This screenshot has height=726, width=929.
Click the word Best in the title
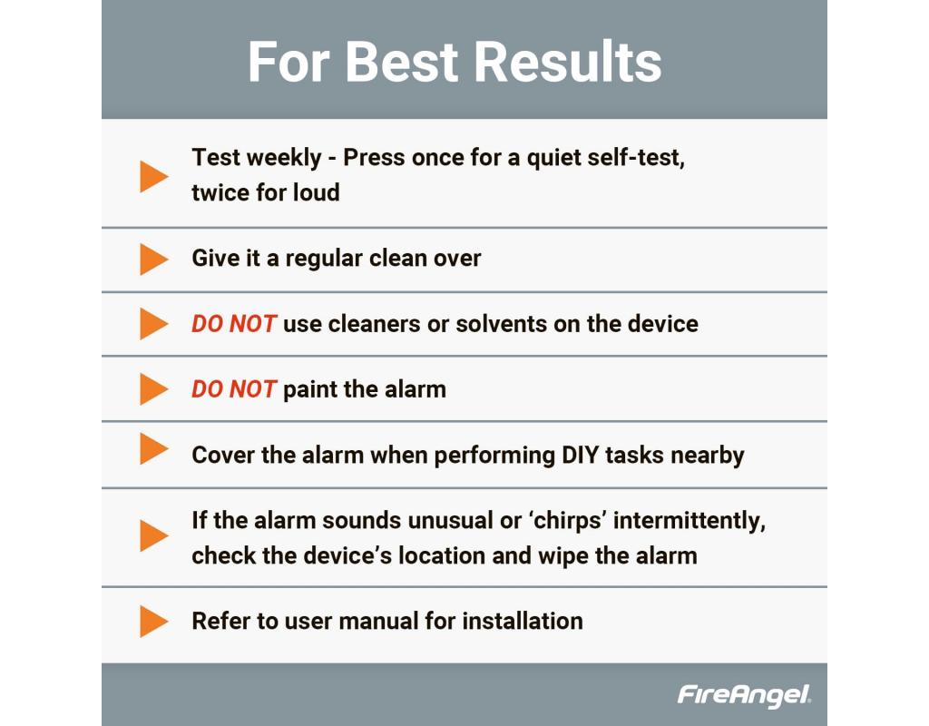pyautogui.click(x=401, y=62)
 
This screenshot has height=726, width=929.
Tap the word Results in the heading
pyautogui.click(x=568, y=62)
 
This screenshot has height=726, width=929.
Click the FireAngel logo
pyautogui.click(x=744, y=694)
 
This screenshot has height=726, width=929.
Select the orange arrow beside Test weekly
pyautogui.click(x=153, y=176)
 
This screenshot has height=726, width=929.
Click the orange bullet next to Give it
pyautogui.click(x=153, y=259)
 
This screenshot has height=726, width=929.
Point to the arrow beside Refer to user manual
pyautogui.click(x=153, y=621)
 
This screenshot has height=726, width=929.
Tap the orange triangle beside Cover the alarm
pyautogui.click(x=153, y=448)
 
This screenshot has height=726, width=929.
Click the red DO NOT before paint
pyautogui.click(x=234, y=389)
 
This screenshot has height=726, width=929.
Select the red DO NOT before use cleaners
pyautogui.click(x=234, y=324)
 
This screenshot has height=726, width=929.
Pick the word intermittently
pyautogui.click(x=689, y=521)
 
